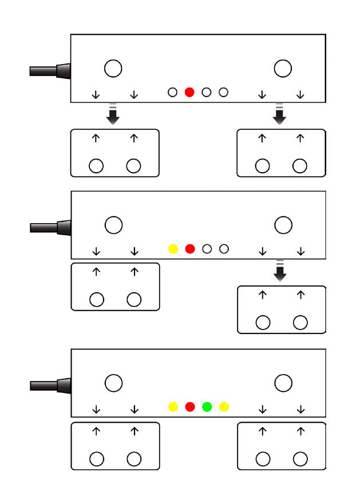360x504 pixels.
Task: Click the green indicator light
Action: [x=207, y=407]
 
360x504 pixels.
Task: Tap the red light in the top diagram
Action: [x=190, y=92]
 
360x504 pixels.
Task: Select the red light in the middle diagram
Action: [x=190, y=249]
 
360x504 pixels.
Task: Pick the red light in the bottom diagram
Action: [x=190, y=407]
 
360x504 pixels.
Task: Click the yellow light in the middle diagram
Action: [x=173, y=249]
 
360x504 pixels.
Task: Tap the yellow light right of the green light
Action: [x=224, y=407]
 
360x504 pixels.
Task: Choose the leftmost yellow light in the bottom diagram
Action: [x=173, y=407]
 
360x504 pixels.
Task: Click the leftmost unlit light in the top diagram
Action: [x=172, y=92]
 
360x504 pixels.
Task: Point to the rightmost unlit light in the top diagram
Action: [x=224, y=92]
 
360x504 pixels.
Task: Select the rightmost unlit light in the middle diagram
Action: [x=224, y=249]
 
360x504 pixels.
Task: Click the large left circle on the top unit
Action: [x=113, y=68]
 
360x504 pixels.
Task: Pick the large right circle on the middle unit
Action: [x=283, y=225]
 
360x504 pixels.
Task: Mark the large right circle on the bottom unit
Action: [x=283, y=383]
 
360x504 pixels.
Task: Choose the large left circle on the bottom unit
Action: [x=114, y=383]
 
